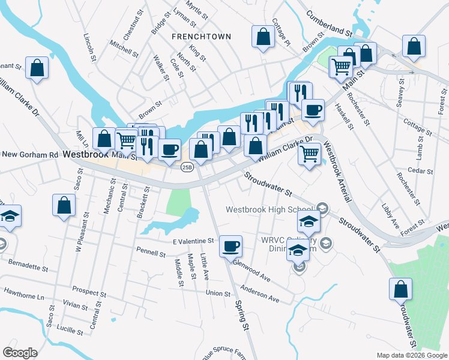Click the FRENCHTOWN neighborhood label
click(x=201, y=37)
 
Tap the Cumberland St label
click(x=329, y=23)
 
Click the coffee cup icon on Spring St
click(x=231, y=245)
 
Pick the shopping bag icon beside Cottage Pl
click(x=264, y=37)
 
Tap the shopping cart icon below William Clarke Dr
click(x=310, y=154)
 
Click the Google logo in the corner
click(x=20, y=353)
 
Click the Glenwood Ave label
click(x=252, y=271)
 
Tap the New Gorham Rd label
click(x=29, y=154)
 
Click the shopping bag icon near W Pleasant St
click(x=64, y=205)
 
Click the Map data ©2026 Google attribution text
click(x=411, y=355)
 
